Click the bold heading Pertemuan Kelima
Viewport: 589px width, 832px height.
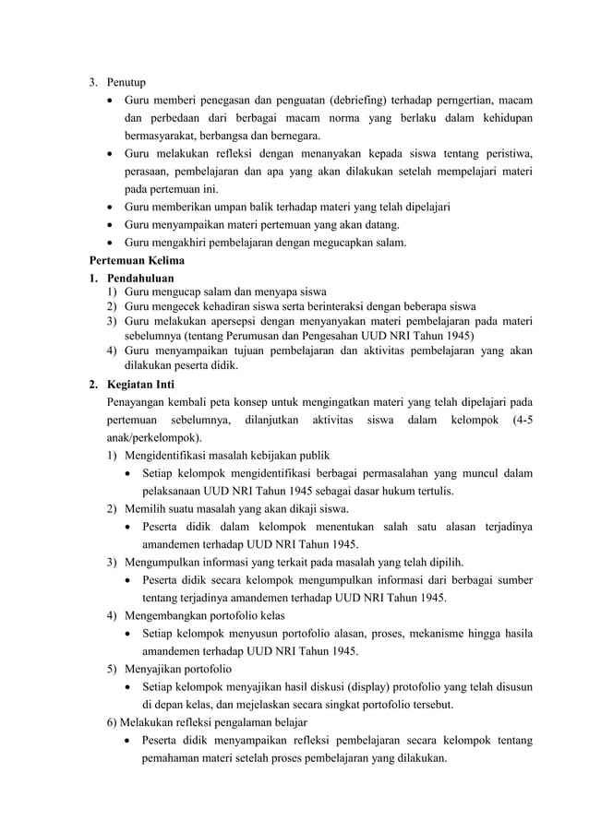point(137,260)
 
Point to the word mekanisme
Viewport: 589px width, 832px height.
point(433,633)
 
